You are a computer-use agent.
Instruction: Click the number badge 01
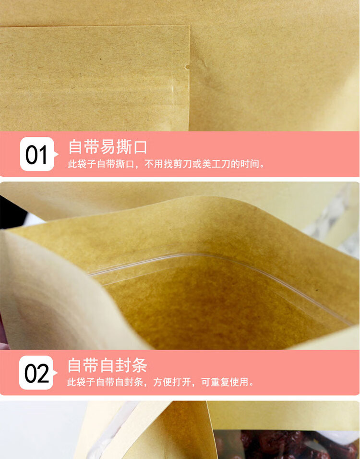[x=37, y=154]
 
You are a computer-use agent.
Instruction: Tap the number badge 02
[x=37, y=373]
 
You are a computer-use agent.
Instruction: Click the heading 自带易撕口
[x=108, y=146]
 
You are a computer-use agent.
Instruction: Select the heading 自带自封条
[x=107, y=365]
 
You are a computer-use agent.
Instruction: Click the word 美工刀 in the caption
[x=216, y=164]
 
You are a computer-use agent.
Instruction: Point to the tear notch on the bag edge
[x=187, y=67]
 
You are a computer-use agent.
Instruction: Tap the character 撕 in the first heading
[x=123, y=146]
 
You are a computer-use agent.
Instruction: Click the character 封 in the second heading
[x=123, y=365]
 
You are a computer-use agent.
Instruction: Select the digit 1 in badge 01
[x=43, y=155]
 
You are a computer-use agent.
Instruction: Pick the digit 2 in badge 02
[x=43, y=374]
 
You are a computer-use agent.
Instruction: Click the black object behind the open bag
[x=12, y=212]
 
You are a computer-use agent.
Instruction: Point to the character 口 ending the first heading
[x=140, y=146]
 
